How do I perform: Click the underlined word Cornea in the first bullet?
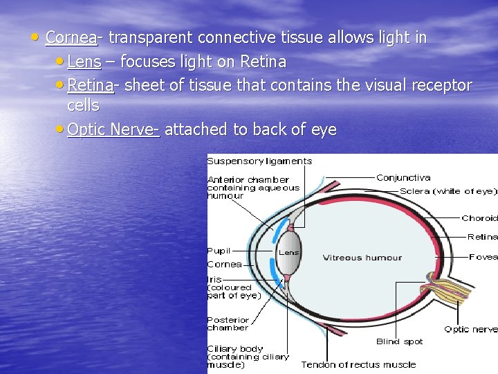point(71,37)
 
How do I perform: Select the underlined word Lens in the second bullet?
point(84,62)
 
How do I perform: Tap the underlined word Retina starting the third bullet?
point(91,86)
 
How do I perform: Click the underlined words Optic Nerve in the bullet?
point(113,130)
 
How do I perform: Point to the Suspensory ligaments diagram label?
point(259,161)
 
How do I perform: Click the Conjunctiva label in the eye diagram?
point(403,178)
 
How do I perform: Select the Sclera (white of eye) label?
point(448,191)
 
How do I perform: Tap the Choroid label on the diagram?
point(479,218)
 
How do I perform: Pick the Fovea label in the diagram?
point(483,257)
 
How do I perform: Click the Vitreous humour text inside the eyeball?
point(362,258)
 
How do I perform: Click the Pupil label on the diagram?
point(219,251)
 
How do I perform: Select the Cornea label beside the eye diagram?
point(224,264)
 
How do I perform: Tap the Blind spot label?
point(399,341)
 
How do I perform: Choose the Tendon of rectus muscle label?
point(358,364)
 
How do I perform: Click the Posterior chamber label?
point(228,324)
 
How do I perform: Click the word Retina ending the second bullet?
point(263,62)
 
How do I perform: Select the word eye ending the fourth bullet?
point(322,130)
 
